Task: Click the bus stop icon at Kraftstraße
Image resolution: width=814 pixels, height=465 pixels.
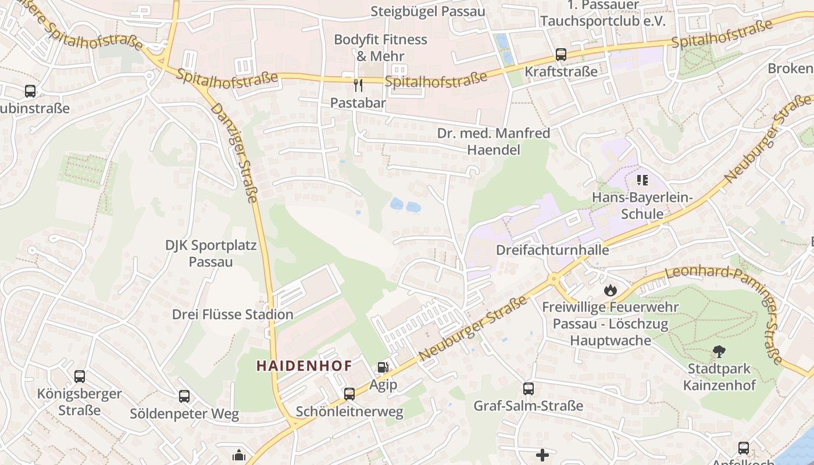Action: (561, 55)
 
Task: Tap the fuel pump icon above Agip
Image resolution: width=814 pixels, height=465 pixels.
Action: (383, 367)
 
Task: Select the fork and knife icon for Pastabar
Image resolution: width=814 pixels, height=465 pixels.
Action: (358, 85)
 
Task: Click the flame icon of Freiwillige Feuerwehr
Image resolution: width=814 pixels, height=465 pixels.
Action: (610, 289)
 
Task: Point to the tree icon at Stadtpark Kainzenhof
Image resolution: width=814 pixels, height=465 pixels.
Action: (719, 352)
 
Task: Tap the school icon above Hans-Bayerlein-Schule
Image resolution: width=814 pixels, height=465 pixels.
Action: (642, 180)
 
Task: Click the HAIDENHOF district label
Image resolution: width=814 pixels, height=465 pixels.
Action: (304, 366)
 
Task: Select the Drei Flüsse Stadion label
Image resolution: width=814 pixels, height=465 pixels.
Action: (233, 314)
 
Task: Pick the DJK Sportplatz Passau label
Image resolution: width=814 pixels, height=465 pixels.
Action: (210, 253)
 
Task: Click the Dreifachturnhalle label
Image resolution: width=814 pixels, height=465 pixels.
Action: (552, 250)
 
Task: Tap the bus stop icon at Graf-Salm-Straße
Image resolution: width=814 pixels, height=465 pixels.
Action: (529, 389)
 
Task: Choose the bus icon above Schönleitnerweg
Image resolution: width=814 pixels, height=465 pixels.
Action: (349, 394)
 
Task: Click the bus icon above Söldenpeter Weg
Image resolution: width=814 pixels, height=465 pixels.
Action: (184, 396)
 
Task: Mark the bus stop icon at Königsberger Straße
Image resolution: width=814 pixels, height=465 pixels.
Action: (80, 377)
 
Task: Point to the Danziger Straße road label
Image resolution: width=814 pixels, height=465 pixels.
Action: (234, 153)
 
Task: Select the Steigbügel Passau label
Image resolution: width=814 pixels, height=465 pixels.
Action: (427, 12)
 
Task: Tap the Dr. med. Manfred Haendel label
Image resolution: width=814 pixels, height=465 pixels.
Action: (494, 142)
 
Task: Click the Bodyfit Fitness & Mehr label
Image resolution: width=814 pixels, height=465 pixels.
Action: (380, 48)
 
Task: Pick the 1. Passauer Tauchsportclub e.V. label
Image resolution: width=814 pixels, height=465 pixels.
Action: (602, 13)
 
